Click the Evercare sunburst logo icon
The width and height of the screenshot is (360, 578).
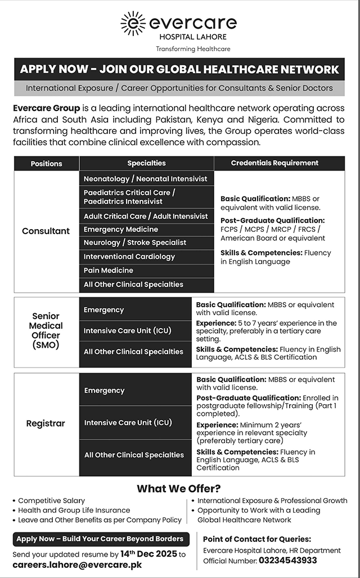click(133, 23)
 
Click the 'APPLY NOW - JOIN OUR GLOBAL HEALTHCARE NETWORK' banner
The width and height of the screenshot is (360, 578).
click(179, 70)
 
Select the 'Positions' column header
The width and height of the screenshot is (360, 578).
click(47, 164)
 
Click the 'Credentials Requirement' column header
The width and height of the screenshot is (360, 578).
click(274, 163)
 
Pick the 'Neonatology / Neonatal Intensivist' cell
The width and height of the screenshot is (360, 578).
click(146, 179)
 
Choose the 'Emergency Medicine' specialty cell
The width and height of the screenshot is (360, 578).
click(121, 230)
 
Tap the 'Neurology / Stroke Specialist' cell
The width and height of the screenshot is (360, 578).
click(135, 243)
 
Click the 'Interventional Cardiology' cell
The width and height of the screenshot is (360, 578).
click(129, 257)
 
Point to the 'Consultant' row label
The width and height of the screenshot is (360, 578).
click(46, 231)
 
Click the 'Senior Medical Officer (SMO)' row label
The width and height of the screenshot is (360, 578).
click(46, 331)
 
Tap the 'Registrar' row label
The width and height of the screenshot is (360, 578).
click(46, 423)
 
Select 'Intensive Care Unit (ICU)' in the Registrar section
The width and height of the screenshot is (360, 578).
click(128, 423)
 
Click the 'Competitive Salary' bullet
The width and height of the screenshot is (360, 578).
click(52, 500)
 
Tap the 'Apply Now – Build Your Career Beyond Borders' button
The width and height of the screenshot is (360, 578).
click(100, 539)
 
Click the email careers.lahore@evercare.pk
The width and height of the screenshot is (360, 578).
click(77, 565)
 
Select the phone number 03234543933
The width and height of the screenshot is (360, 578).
click(288, 561)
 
